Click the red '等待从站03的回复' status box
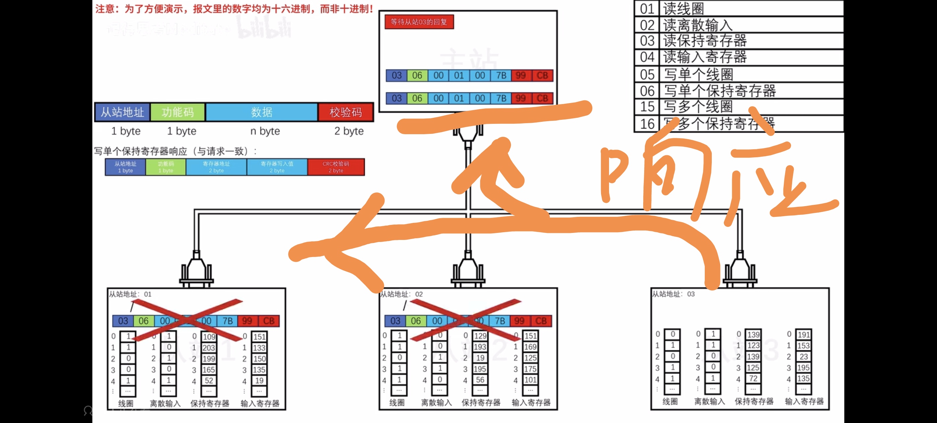[419, 22]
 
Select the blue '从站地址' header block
[122, 112]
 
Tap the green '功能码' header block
[178, 112]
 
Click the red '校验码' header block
[346, 112]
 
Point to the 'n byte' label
[265, 131]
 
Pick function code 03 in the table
[647, 41]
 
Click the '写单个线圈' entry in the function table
[698, 74]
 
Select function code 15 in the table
[647, 106]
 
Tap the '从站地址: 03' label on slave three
[673, 294]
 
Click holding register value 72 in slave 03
[753, 378]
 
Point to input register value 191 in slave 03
[803, 335]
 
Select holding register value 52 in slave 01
[209, 381]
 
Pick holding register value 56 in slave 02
[480, 380]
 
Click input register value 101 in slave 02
[530, 380]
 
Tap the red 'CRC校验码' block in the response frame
[336, 167]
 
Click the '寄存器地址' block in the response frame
[217, 167]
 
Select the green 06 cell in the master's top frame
[417, 75]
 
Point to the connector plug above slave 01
[196, 269]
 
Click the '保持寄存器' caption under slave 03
[754, 401]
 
